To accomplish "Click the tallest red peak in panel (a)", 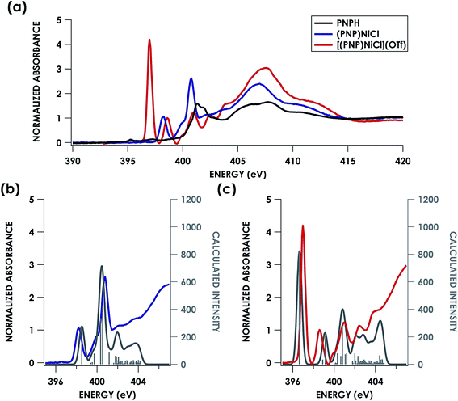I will (149, 40).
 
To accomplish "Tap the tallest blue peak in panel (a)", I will (191, 78).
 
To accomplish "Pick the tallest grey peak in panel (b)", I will (102, 267).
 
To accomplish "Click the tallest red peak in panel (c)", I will (303, 226).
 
